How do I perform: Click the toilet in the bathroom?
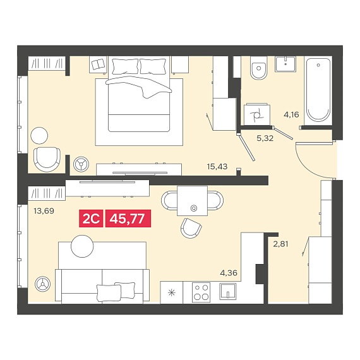[259, 68]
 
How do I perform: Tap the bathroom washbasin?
[285, 64]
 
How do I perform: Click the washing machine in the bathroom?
[256, 114]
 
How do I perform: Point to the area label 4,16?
[291, 114]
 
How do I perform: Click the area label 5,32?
[265, 138]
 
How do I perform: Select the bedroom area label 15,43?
[217, 167]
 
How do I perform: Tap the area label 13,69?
[44, 210]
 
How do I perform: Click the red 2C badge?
[91, 219]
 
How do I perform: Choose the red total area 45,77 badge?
[128, 219]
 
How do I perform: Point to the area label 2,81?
[280, 244]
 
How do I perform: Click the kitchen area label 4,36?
[229, 273]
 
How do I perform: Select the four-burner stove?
[201, 292]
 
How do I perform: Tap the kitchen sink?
[228, 291]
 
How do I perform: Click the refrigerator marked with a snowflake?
[172, 292]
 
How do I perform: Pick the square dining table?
[192, 201]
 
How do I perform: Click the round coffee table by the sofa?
[82, 246]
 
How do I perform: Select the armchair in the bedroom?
[47, 159]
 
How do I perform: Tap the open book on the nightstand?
[98, 64]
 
